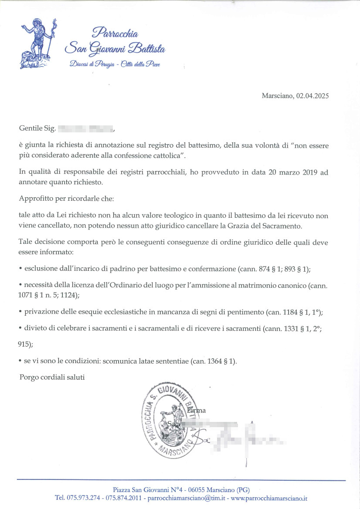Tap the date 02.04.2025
click(x=312, y=96)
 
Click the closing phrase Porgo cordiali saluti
click(x=52, y=377)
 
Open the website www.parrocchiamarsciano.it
click(x=269, y=498)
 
